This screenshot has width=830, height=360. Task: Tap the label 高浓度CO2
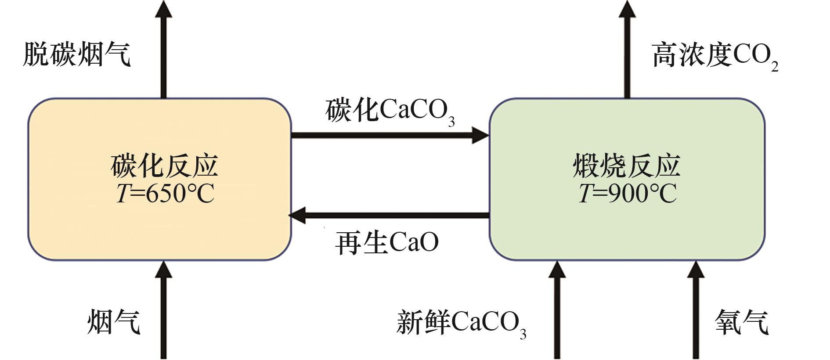[715, 56]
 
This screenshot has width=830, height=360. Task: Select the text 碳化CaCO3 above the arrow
[390, 111]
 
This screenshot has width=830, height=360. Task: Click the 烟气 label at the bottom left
[114, 322]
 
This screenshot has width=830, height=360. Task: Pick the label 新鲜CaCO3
[461, 324]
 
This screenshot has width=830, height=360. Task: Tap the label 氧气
[742, 322]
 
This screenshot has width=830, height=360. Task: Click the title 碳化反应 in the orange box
[164, 166]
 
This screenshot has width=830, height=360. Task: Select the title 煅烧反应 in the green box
[627, 166]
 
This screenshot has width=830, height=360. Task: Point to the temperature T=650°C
[165, 193]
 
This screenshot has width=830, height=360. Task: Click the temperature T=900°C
[627, 193]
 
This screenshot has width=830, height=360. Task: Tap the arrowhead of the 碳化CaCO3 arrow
[480, 135]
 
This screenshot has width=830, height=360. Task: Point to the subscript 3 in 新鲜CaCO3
[523, 334]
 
